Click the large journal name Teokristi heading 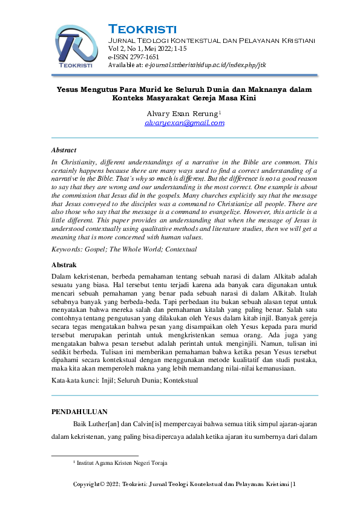[142, 29]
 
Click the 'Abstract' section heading [64, 150]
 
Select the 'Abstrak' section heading [64, 265]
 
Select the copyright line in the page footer [184, 484]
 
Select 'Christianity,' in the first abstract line [81, 163]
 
